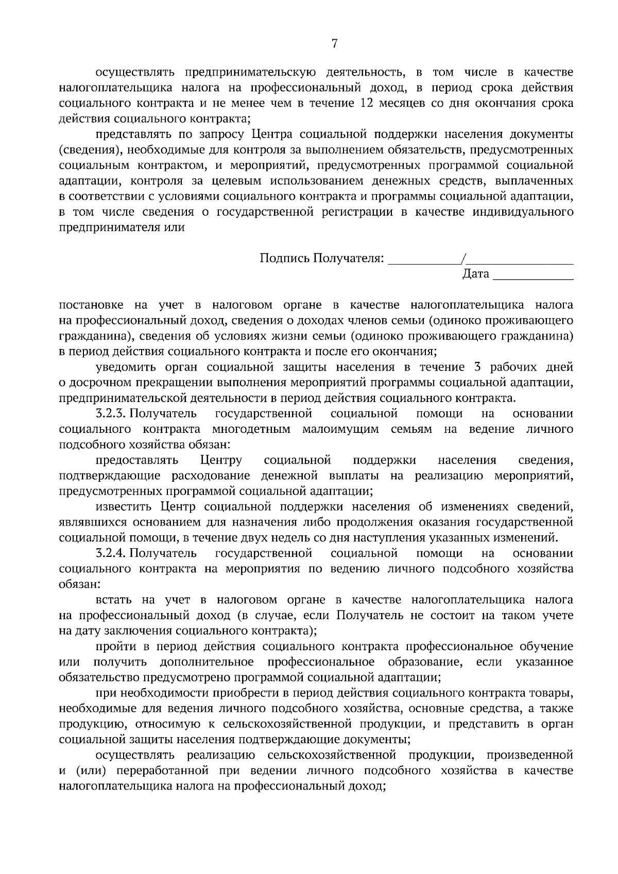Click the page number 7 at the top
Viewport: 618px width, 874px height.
334,44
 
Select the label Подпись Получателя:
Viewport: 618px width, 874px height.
322,258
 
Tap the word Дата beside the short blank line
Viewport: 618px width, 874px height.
475,274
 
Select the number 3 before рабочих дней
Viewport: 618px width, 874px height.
475,368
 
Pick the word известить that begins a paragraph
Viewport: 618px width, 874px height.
124,507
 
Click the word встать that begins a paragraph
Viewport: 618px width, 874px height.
113,600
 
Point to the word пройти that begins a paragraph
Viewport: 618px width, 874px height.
114,646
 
